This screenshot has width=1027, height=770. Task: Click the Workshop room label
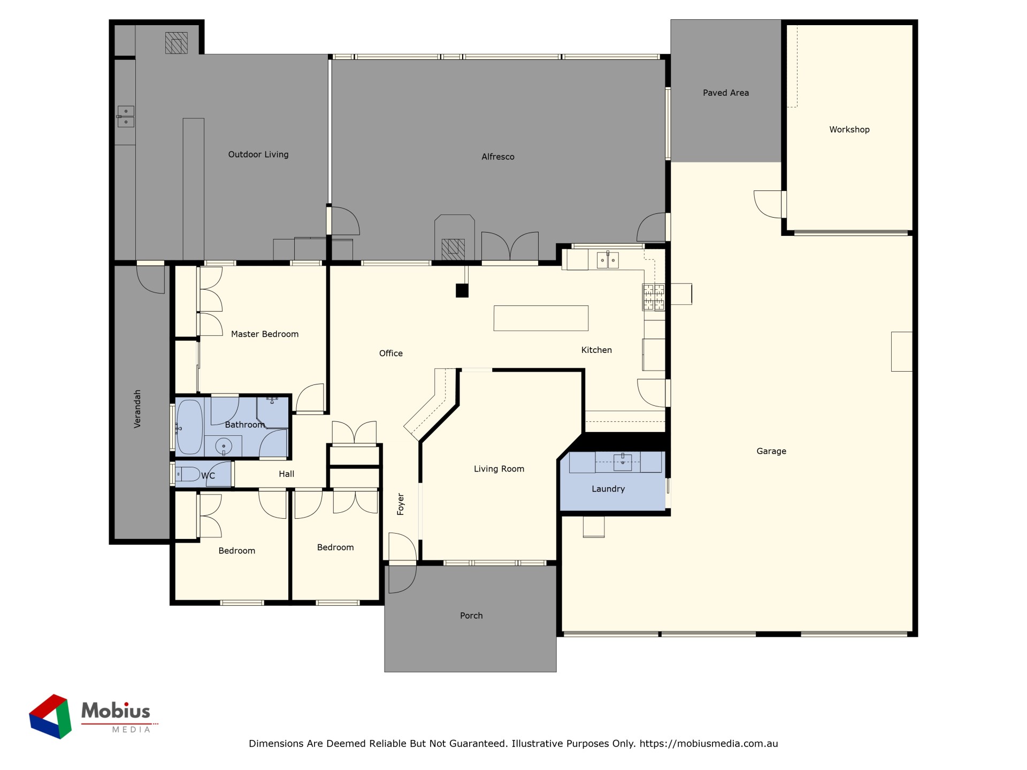point(849,129)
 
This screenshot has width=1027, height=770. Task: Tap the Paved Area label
point(726,93)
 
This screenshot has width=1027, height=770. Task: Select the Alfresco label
point(498,157)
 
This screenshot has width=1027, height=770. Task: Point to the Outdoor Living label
point(258,155)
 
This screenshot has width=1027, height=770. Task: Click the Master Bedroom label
point(265,334)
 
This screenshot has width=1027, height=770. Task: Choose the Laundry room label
point(608,489)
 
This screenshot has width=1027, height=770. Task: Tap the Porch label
point(471,615)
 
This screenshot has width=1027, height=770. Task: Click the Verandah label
point(137,409)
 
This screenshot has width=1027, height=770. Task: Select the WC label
point(208,475)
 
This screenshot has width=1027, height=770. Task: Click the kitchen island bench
point(541,318)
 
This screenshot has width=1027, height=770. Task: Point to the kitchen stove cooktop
point(654,297)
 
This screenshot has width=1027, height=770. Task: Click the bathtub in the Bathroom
point(189,427)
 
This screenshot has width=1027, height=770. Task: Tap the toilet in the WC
point(187,474)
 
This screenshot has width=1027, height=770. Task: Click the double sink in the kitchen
point(608,260)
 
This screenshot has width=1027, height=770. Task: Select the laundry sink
point(623,461)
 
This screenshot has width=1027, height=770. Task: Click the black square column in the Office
point(462,291)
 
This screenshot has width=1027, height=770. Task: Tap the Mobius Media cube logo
point(50,717)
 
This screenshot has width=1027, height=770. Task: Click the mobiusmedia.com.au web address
point(709,743)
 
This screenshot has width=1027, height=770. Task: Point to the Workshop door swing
point(768,204)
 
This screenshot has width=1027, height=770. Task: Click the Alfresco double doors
point(510,247)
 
